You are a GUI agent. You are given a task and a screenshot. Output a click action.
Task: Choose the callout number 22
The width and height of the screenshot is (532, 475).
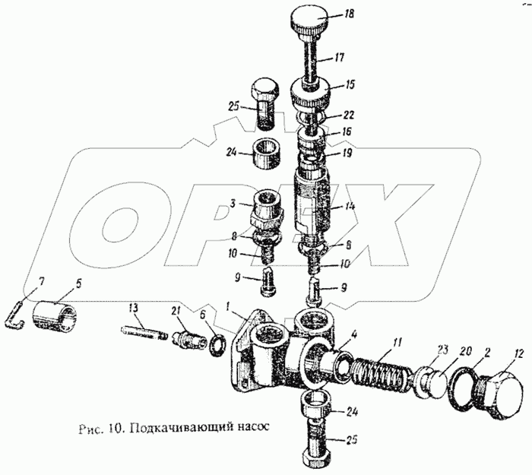348,116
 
